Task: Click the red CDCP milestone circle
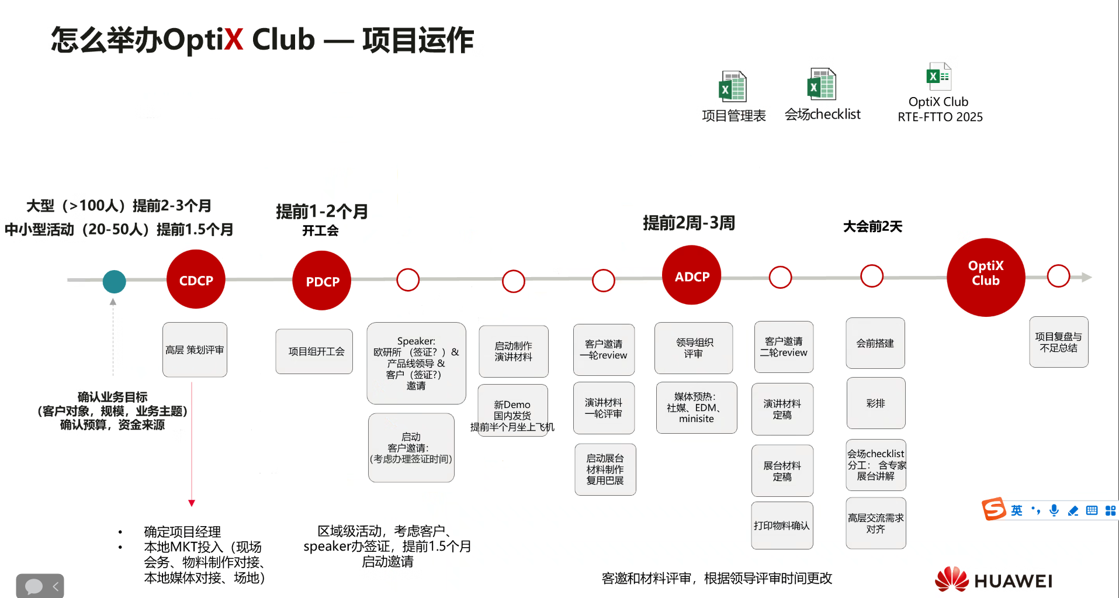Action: pos(196,279)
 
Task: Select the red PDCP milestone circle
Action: pos(322,281)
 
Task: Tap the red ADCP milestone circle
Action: pos(691,275)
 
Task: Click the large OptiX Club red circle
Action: pos(986,277)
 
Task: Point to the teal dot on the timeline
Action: pos(114,281)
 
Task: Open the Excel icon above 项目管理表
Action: pos(733,87)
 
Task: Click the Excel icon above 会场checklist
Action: pos(822,84)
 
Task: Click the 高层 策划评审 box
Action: pos(195,350)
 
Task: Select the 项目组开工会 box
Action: pos(314,351)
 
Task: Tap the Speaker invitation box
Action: pos(416,363)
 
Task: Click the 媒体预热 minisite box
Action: pos(696,407)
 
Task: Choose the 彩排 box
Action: pos(875,403)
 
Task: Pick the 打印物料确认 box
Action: pos(782,525)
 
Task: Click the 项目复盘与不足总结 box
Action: pos(1058,342)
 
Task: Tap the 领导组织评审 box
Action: pos(694,348)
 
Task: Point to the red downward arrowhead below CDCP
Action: pos(192,503)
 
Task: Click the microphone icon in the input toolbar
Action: pos(1054,510)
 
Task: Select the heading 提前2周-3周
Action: pos(689,223)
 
